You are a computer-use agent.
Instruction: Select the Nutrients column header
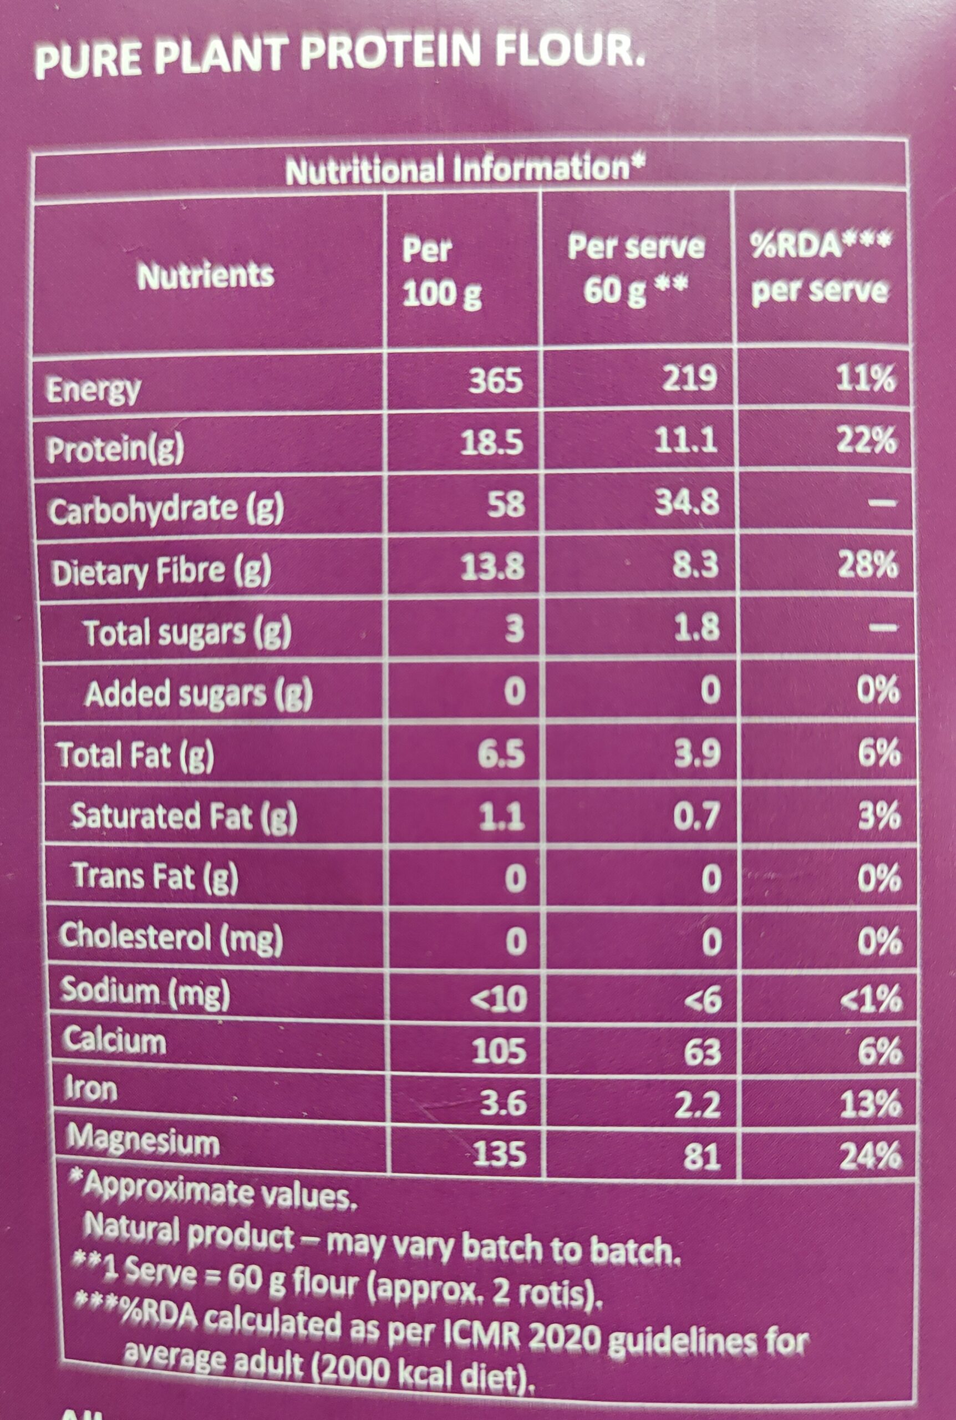(x=206, y=276)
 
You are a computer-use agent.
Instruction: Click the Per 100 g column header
(x=441, y=272)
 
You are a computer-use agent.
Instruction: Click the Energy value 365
(x=496, y=381)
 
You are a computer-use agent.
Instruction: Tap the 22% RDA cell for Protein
(x=866, y=440)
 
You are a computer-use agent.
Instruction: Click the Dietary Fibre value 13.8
(x=492, y=567)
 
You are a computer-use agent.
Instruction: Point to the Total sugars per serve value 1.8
(x=696, y=628)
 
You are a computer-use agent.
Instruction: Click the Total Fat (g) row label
(x=135, y=755)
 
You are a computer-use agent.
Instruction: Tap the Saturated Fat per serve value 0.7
(x=696, y=816)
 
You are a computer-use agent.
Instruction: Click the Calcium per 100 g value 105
(x=498, y=1052)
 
